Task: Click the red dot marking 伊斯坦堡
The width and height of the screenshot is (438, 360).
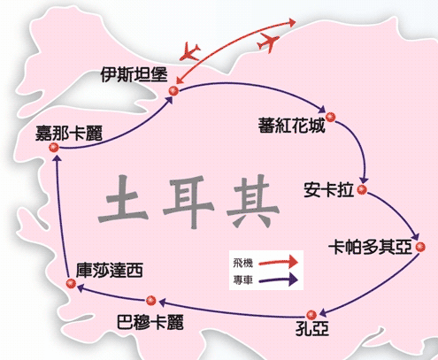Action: [173, 91]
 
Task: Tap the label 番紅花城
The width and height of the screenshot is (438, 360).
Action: [291, 126]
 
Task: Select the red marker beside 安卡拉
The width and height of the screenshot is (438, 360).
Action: [362, 189]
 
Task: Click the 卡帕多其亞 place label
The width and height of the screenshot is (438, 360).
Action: [370, 247]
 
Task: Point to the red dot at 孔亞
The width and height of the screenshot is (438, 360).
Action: [311, 315]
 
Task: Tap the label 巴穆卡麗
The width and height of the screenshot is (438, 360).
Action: [150, 322]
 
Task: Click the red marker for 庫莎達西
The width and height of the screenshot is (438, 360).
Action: [71, 284]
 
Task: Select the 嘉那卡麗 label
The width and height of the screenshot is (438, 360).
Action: [69, 134]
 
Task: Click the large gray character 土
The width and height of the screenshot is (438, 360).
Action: [123, 200]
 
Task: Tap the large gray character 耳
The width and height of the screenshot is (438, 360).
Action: [188, 202]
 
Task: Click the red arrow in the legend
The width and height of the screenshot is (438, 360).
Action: [278, 262]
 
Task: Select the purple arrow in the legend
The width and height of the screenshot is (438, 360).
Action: [278, 280]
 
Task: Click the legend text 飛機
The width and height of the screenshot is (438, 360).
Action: [243, 263]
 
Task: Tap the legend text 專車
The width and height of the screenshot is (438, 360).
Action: [243, 280]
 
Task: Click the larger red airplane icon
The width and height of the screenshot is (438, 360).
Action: [268, 42]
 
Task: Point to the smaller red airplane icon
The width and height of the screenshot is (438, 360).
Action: [190, 51]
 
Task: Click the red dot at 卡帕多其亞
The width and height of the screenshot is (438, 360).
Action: [420, 247]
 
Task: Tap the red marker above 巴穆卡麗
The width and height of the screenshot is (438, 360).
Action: [151, 301]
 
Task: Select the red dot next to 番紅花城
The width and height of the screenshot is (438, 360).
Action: [331, 117]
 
